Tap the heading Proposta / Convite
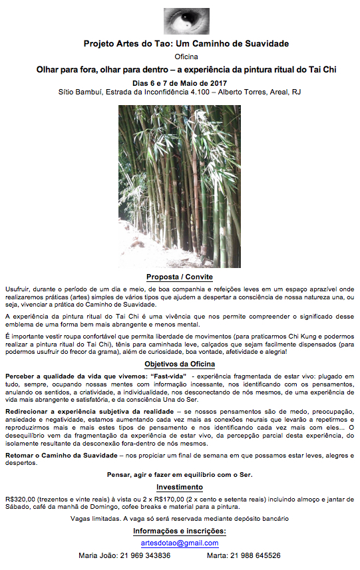pyautogui.click(x=180, y=277)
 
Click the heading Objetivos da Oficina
pyautogui.click(x=180, y=364)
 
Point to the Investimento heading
pyautogui.click(x=180, y=488)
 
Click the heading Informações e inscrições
pyautogui.click(x=180, y=531)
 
